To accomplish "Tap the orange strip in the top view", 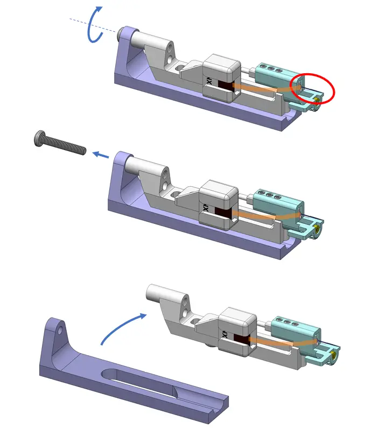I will click(258, 86).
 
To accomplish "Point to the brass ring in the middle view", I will click(319, 230).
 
